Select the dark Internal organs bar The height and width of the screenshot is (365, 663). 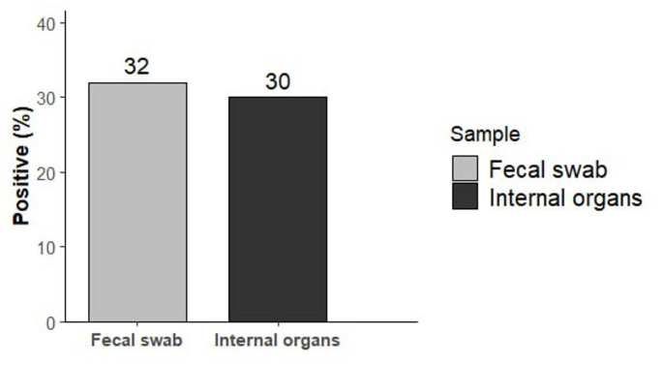coord(278,209)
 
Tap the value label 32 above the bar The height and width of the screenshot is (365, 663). coord(137,67)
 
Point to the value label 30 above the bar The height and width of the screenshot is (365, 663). coord(278,82)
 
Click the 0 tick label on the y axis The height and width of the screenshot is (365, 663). coord(50,321)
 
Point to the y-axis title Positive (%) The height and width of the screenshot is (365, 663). coord(20,172)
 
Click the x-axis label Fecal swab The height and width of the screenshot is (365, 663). coord(137,342)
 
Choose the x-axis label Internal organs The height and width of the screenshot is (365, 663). coord(278,342)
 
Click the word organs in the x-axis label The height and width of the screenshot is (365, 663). coord(314,343)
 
